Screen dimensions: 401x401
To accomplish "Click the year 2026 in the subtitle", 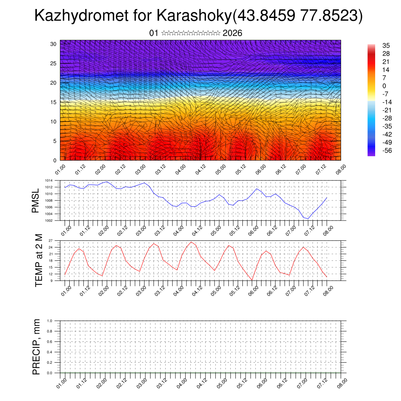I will (x=232, y=33).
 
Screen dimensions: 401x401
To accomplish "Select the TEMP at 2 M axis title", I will (x=38, y=260).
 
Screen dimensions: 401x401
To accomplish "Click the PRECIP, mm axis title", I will (x=36, y=347).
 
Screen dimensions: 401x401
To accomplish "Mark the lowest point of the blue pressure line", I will (x=308, y=219).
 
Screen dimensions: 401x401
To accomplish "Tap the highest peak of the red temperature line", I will (x=191, y=242).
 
